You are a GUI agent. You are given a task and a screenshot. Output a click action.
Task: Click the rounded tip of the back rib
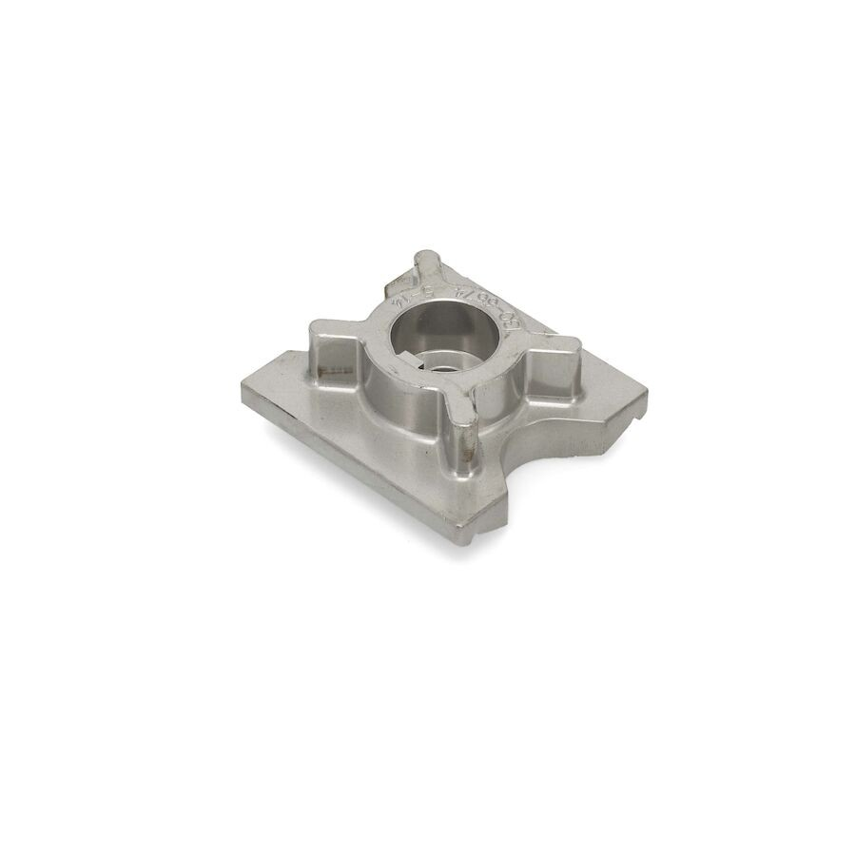424,258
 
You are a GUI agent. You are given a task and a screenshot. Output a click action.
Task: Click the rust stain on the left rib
334,365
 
